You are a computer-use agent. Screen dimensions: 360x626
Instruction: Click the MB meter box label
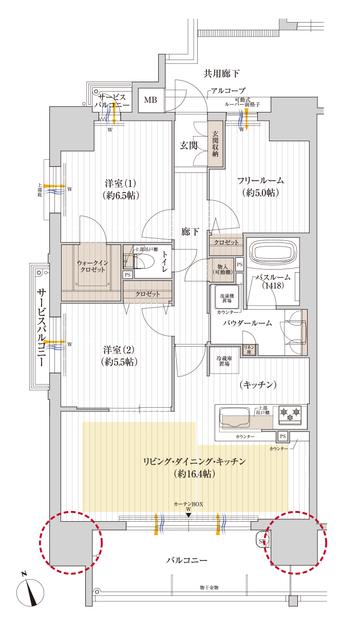click(150, 100)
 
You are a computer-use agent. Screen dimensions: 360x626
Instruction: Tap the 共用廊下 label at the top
click(221, 73)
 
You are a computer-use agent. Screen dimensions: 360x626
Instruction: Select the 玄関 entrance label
click(189, 145)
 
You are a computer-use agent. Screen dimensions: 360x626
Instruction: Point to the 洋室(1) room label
click(121, 184)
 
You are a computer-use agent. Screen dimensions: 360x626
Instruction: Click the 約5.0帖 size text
click(260, 193)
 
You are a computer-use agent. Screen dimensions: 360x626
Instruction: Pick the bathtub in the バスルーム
click(273, 252)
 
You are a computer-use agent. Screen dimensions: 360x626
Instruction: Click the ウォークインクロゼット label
click(92, 267)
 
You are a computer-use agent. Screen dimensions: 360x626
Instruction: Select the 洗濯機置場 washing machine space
click(227, 298)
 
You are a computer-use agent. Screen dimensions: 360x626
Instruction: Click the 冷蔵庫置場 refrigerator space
click(224, 361)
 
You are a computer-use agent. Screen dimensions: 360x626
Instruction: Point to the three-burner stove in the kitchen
click(290, 415)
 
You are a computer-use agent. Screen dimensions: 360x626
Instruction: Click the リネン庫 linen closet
click(249, 350)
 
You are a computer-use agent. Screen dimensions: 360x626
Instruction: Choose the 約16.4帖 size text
click(194, 473)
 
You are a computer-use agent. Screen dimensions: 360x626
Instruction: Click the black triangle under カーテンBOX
click(188, 515)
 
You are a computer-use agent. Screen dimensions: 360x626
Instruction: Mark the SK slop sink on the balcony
click(262, 541)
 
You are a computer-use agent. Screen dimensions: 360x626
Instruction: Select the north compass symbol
click(30, 592)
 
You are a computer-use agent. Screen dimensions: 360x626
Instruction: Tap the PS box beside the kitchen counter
click(283, 436)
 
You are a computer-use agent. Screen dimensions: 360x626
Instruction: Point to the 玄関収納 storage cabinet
click(215, 144)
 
